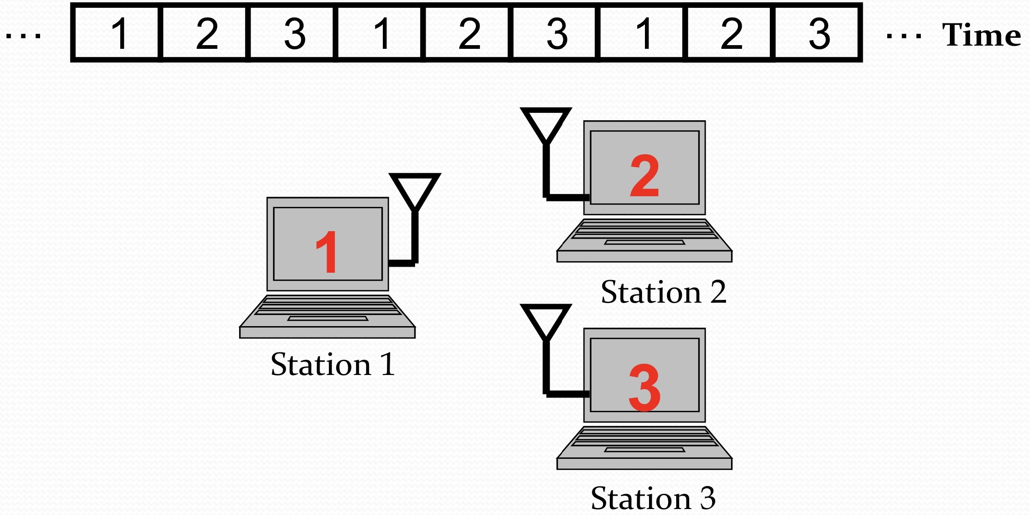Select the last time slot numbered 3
tap(819, 33)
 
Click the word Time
tap(981, 35)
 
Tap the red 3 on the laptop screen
tap(644, 387)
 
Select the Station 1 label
tap(333, 364)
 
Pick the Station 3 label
tap(653, 498)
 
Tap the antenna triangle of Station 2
tap(546, 123)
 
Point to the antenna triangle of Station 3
tap(546, 319)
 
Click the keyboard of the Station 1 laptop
tap(327, 306)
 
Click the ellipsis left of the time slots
tap(23, 35)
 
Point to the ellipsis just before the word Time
tap(904, 35)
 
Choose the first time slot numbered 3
tap(294, 33)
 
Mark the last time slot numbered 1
tap(643, 33)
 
